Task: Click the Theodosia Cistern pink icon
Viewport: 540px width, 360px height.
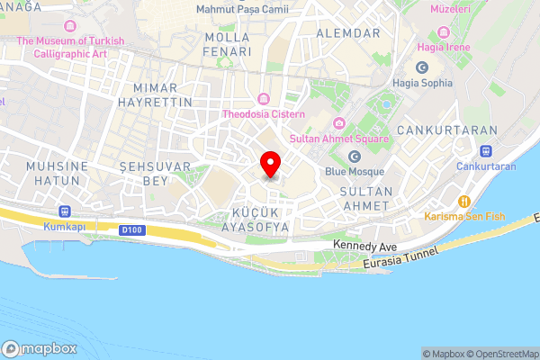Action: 263,98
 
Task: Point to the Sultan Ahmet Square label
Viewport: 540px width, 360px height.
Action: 339,139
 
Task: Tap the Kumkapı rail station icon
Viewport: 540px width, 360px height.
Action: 62,211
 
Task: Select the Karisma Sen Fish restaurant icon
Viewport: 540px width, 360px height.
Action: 464,201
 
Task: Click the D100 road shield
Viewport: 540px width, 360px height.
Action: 130,230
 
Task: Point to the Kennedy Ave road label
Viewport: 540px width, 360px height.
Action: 364,245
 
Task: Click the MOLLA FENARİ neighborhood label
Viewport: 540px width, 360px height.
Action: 227,45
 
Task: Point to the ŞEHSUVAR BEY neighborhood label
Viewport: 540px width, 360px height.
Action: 144,174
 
